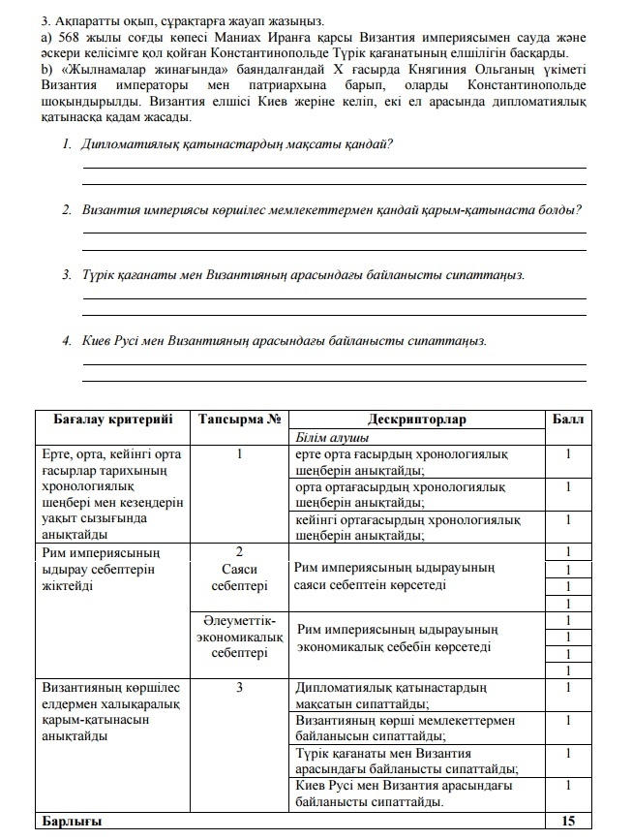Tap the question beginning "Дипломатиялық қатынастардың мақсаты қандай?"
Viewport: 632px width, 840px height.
pyautogui.click(x=238, y=143)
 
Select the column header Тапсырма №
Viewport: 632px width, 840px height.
pyautogui.click(x=239, y=420)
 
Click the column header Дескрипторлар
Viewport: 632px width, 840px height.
pyautogui.click(x=417, y=420)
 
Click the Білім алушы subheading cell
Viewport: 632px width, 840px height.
pyautogui.click(x=327, y=437)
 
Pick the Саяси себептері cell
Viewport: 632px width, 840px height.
pyautogui.click(x=239, y=577)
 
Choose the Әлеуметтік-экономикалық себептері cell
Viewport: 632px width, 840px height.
pyautogui.click(x=239, y=637)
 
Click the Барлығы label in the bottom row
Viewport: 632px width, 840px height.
pyautogui.click(x=69, y=821)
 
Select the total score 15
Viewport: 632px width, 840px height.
pyautogui.click(x=568, y=821)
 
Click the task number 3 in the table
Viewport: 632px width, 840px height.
pyautogui.click(x=239, y=688)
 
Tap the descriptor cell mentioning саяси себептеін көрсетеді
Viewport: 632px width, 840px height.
pyautogui.click(x=398, y=577)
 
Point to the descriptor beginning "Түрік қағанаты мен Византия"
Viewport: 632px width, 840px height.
pyautogui.click(x=406, y=761)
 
